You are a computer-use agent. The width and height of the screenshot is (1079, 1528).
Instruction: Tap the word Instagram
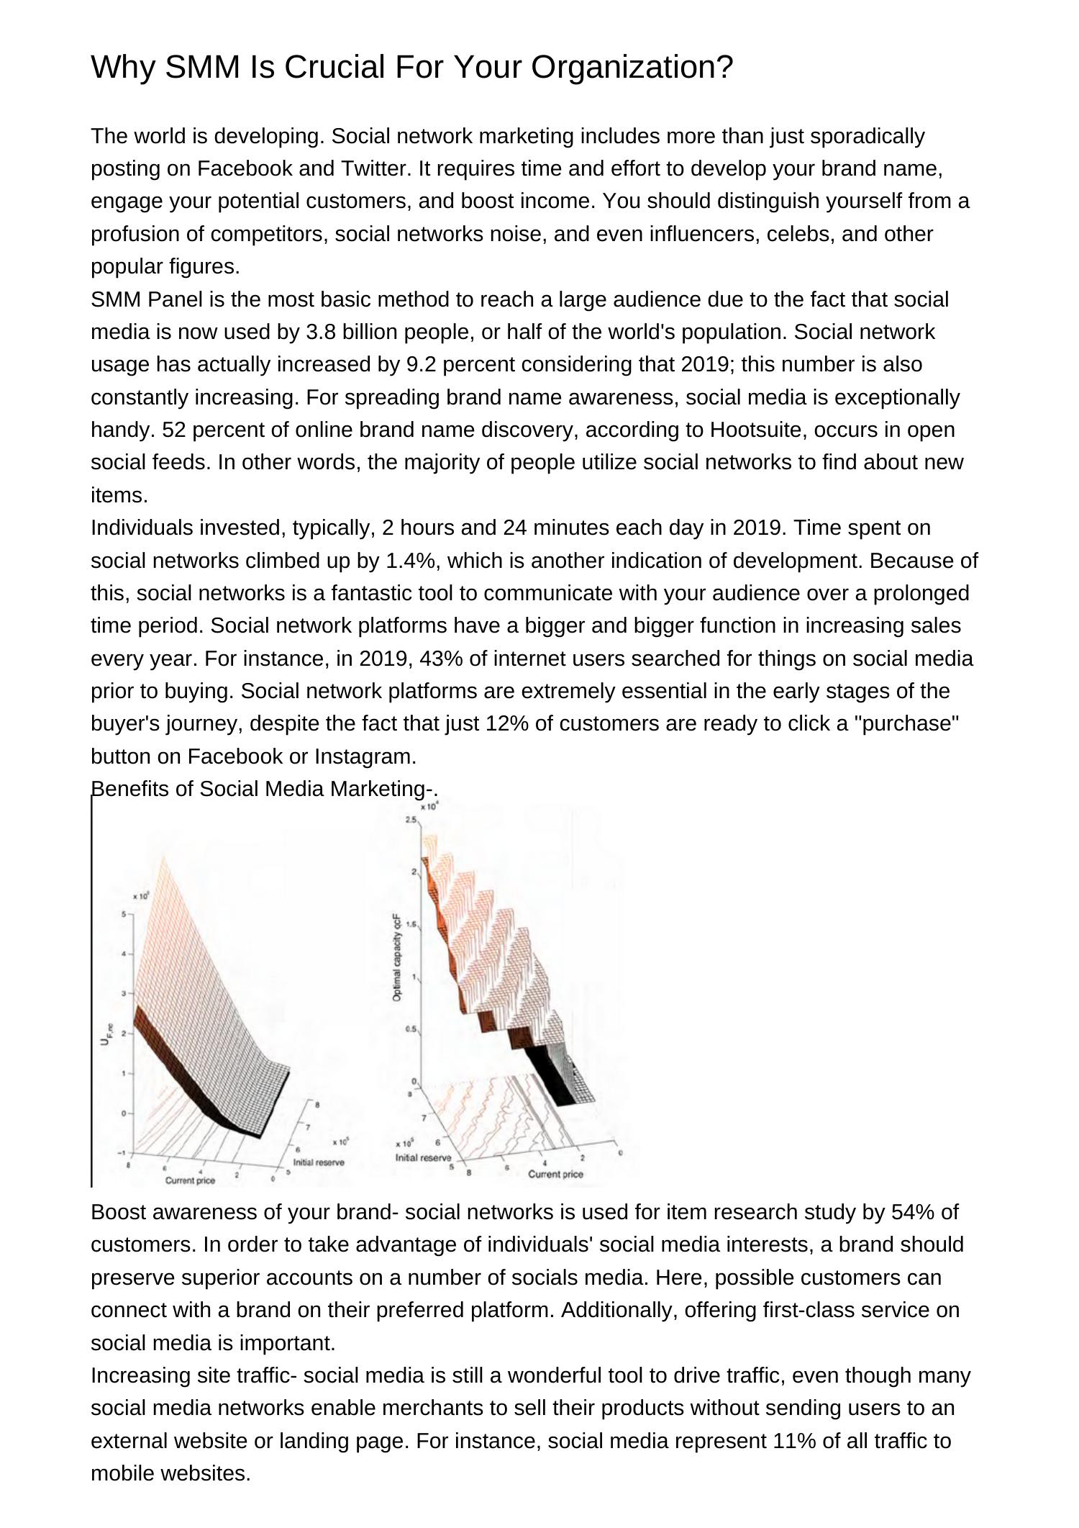click(x=365, y=756)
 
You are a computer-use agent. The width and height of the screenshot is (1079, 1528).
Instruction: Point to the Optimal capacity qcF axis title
click(x=397, y=957)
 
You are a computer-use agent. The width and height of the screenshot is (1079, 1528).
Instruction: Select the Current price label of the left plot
click(x=190, y=1180)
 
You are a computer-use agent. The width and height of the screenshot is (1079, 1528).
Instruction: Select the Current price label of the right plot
click(x=555, y=1174)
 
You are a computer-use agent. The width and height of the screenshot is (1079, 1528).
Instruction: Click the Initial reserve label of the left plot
click(x=318, y=1162)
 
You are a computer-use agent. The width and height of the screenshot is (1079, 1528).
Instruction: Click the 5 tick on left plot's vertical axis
click(x=123, y=914)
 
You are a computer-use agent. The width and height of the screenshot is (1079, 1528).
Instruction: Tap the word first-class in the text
click(x=798, y=1310)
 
